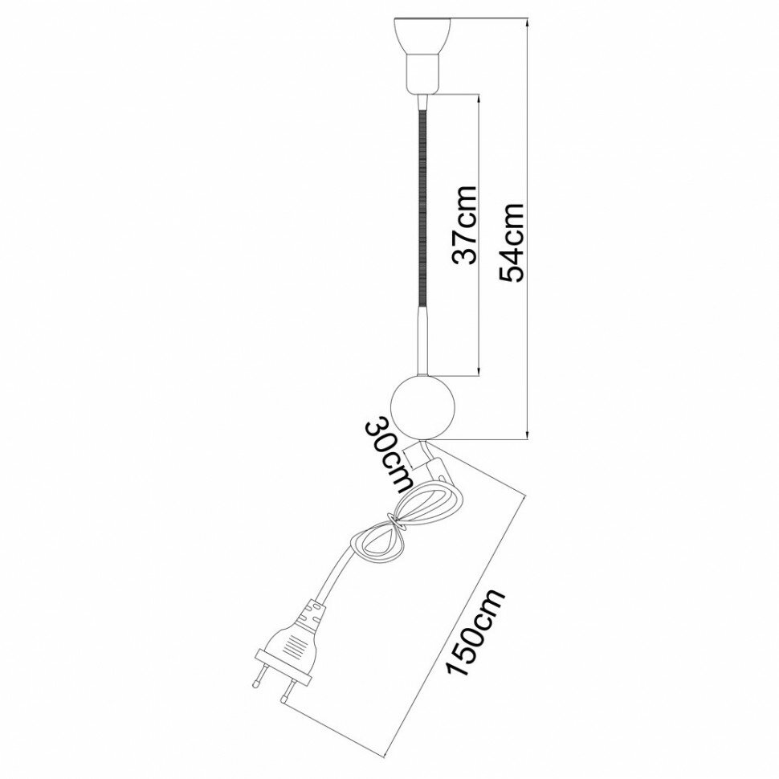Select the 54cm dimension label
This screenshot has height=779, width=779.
pyautogui.click(x=512, y=242)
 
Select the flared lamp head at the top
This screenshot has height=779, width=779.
pyautogui.click(x=423, y=33)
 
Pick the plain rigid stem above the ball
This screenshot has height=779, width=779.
pyautogui.click(x=422, y=341)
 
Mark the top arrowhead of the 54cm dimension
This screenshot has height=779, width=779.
pyautogui.click(x=527, y=22)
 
